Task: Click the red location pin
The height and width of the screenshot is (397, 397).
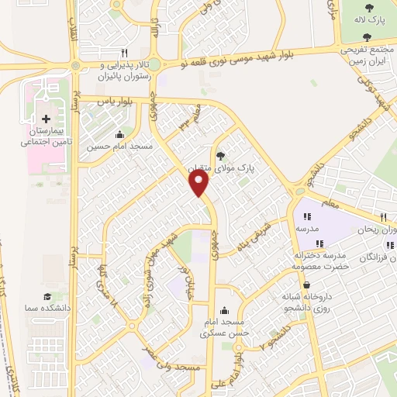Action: click(x=200, y=184)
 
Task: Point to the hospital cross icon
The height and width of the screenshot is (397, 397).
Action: click(x=47, y=119)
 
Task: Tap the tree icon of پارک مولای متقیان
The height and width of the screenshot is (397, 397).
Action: click(x=219, y=154)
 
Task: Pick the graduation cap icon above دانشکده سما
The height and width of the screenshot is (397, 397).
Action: click(x=47, y=297)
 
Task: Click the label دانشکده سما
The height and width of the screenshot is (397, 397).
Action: click(x=47, y=308)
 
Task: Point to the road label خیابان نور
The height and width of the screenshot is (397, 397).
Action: click(x=185, y=285)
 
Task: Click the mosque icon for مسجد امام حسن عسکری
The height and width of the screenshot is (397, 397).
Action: click(x=224, y=309)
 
